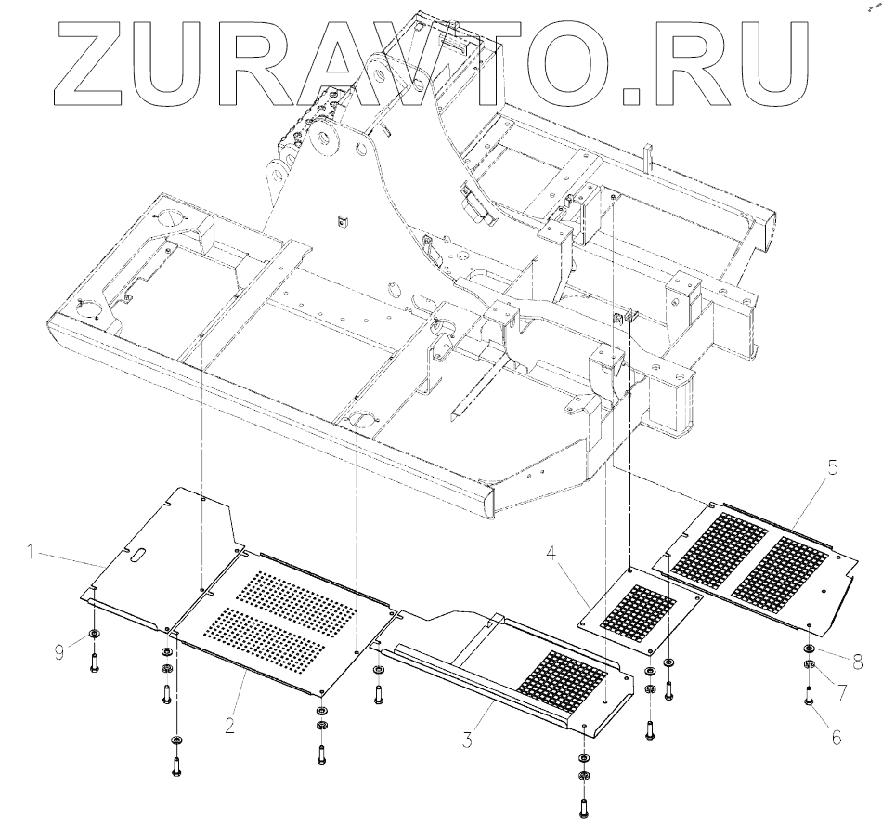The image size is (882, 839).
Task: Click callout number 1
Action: coord(30,553)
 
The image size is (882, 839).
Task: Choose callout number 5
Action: coord(833,468)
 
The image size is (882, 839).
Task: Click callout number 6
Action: coord(837,737)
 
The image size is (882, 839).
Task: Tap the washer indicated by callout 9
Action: coord(94,636)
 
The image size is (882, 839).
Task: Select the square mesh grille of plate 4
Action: coord(638,609)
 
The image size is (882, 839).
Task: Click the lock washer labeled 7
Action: coord(811,665)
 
